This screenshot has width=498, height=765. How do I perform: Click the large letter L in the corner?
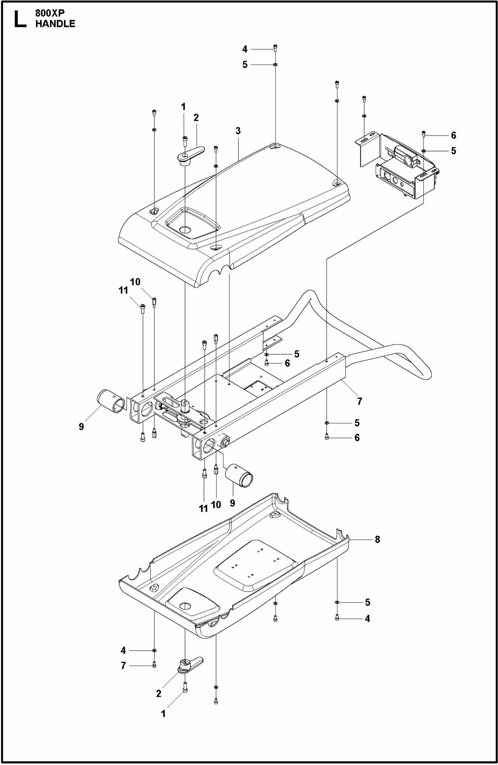[19, 19]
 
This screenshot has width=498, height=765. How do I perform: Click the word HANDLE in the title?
[55, 24]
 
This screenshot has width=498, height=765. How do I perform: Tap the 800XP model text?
[50, 13]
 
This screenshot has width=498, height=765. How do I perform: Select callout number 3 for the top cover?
[238, 131]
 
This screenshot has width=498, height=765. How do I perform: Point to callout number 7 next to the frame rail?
[359, 401]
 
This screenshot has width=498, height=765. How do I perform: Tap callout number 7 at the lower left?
[123, 665]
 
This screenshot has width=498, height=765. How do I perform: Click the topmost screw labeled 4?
[275, 48]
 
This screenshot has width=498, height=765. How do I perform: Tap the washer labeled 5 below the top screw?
[275, 64]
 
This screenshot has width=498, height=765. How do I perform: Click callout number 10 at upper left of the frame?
[135, 282]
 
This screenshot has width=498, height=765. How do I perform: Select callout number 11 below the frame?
[203, 508]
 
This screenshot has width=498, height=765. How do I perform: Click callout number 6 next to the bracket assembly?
[454, 135]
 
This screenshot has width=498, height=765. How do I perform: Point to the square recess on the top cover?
[192, 223]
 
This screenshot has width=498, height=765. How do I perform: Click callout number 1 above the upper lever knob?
[183, 107]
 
